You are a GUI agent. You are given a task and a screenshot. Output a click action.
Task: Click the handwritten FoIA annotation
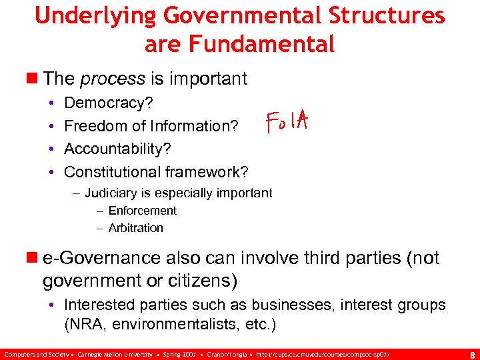286,122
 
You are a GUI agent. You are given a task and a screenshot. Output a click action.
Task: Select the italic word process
113,79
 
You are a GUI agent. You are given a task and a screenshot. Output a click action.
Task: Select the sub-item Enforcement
142,211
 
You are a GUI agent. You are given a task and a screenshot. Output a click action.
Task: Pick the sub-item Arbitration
135,228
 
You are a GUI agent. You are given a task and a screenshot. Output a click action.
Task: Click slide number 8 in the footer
471,354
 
